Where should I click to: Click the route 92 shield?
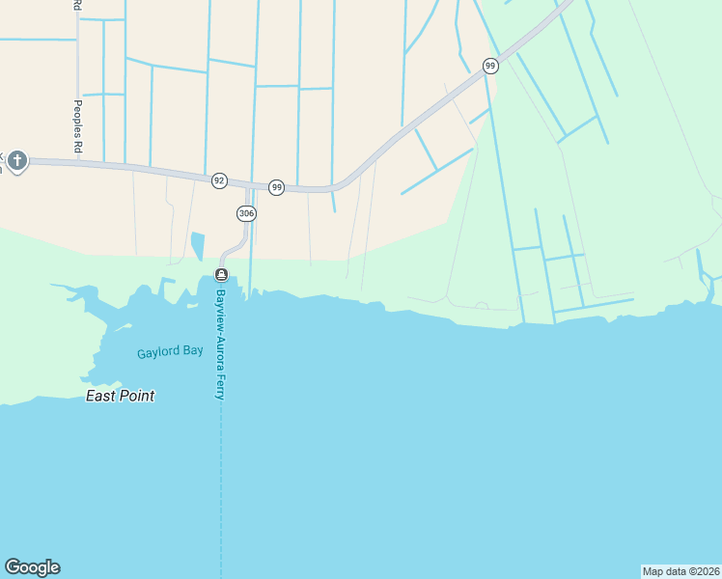coord(219,180)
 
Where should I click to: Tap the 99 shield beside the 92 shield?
coord(276,187)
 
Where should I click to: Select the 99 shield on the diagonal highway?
coord(490,66)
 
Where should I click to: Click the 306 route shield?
coord(245,212)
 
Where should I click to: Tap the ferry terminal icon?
coord(221,275)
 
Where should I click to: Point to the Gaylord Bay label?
coord(170,351)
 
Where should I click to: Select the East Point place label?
coord(121,396)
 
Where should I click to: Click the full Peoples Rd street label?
coord(77,125)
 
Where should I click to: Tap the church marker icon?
coord(17,160)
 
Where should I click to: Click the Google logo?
coord(32,567)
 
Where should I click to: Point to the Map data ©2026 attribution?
coord(680,570)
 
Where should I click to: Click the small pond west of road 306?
coord(198,245)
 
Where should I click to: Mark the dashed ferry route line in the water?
coord(221,482)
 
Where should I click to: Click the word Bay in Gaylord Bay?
coord(193,351)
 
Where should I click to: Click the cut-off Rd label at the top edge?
coord(76,5)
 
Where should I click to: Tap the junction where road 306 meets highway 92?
coord(248,184)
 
